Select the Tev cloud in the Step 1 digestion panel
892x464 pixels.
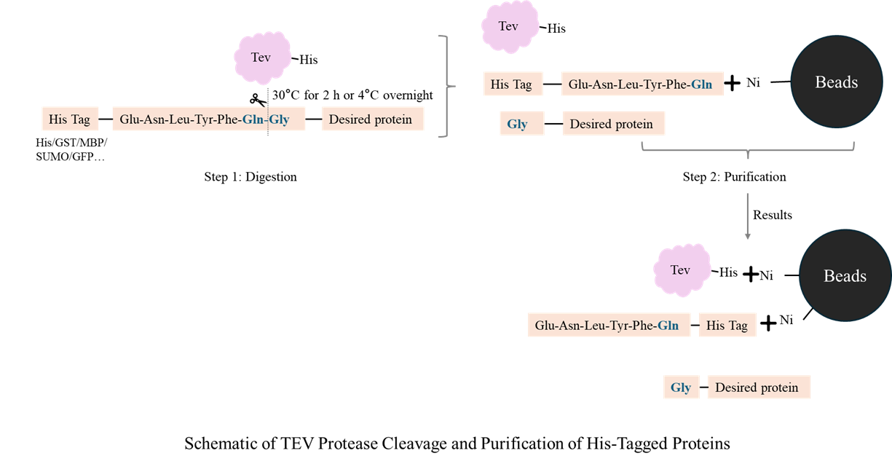261,58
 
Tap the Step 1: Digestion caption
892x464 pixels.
250,177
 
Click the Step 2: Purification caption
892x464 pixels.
734,177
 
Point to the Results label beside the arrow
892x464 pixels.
773,215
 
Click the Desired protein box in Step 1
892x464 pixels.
373,119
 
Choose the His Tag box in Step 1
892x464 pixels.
68,119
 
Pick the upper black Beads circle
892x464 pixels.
836,82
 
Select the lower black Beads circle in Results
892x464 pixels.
845,276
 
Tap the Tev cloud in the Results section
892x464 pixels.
680,270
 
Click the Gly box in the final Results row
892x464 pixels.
681,388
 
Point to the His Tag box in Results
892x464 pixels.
727,326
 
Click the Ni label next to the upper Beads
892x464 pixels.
753,83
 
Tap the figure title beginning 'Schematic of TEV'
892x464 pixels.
457,443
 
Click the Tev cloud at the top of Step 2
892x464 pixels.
508,26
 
